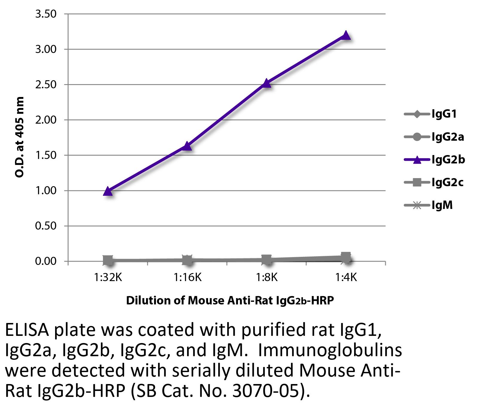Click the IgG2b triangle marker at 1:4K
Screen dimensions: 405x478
346,35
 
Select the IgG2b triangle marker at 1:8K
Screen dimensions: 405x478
266,83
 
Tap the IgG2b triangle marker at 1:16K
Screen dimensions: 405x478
187,146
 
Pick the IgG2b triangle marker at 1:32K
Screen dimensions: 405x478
108,191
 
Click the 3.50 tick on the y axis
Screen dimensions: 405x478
46,14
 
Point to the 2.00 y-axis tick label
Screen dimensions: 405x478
46,120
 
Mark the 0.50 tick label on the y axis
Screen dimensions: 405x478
46,226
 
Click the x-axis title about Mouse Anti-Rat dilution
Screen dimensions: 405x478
230,300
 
